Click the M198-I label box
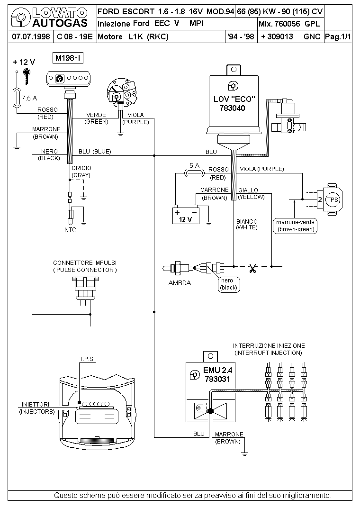click(68, 58)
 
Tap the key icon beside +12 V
click(27, 76)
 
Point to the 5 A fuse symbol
click(194, 173)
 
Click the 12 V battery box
click(186, 215)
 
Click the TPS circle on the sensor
click(332, 199)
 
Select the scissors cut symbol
click(252, 268)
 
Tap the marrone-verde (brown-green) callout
click(295, 226)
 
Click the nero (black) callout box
click(229, 284)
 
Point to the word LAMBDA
click(178, 283)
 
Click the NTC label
click(70, 230)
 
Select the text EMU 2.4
click(217, 370)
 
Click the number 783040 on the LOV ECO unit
click(233, 109)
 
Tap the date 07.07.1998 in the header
click(31, 36)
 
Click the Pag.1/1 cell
click(338, 36)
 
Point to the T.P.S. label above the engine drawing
click(87, 359)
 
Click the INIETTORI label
click(36, 405)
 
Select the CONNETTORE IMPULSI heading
click(85, 263)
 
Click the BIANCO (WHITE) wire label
click(247, 225)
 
